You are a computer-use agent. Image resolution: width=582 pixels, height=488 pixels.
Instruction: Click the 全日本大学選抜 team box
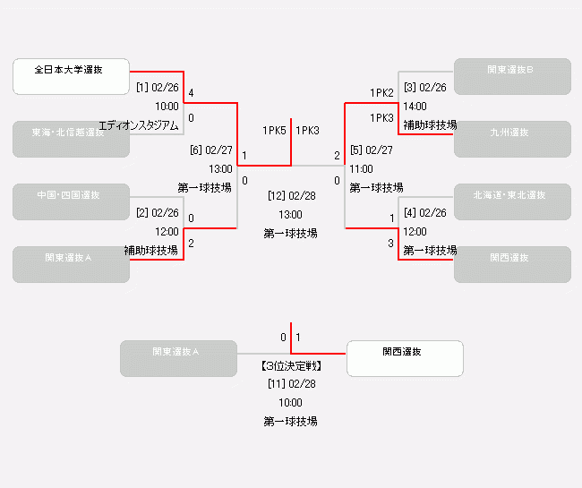pos(71,76)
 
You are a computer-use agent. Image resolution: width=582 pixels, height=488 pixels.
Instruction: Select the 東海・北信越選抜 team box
pos(71,139)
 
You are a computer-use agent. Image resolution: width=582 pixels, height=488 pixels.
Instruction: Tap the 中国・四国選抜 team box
pos(71,201)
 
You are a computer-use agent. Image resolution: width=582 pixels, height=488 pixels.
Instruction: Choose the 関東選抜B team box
pos(512,76)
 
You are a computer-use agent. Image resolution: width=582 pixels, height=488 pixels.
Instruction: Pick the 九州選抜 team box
pos(512,139)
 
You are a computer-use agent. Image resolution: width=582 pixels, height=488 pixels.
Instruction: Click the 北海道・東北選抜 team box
pos(512,201)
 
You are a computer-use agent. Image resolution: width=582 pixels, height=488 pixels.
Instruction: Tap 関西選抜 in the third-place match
pos(405,358)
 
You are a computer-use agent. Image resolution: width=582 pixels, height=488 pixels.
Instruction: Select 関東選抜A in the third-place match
pos(178,358)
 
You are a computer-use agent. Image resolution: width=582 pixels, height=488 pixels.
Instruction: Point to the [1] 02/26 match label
pos(158,88)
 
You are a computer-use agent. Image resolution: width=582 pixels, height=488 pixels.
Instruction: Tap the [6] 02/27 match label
pos(211,150)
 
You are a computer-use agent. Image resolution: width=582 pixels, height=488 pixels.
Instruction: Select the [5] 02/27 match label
pos(371,150)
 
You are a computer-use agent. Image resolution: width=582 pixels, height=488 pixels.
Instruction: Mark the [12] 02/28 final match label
pos(291,194)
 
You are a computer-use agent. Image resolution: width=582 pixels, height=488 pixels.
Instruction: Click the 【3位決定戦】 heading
pos(291,366)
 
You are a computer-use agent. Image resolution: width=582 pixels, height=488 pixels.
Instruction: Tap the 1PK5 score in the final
pos(274,131)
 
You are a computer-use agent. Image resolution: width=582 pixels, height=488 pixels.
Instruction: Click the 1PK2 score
pos(382,93)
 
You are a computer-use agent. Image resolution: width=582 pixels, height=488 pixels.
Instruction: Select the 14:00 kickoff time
pos(415,107)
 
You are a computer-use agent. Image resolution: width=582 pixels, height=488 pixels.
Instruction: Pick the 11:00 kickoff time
pos(361,168)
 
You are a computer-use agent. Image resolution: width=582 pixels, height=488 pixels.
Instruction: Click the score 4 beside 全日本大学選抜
pos(191,93)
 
